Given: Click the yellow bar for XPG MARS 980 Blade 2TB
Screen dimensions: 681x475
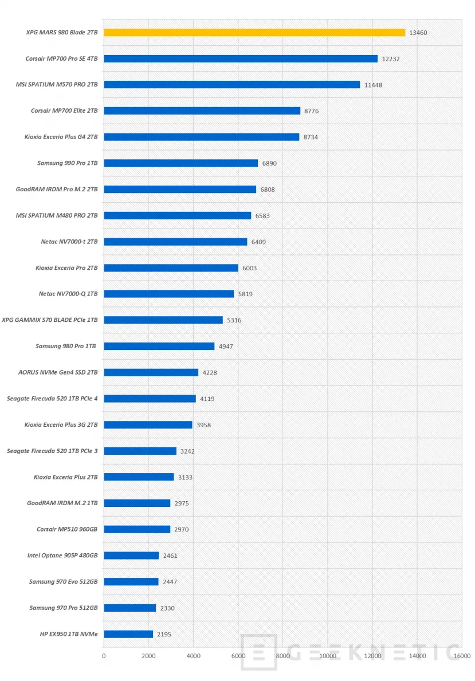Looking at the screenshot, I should click(254, 33).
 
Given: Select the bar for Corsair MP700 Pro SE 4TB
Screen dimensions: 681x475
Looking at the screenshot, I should click(241, 58).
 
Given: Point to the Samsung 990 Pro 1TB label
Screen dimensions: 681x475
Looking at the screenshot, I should click(68, 163).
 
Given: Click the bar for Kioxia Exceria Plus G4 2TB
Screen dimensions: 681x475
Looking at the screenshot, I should click(202, 137).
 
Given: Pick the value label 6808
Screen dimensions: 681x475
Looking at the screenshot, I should click(268, 190).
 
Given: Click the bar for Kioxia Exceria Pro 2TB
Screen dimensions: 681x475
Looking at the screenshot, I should click(171, 268).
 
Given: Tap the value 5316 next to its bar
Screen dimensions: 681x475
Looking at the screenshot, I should click(234, 320).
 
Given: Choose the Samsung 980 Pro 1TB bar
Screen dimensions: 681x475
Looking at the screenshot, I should click(159, 347).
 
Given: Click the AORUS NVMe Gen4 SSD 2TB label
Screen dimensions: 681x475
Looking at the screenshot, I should click(58, 372).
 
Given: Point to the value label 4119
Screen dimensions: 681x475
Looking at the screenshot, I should click(207, 399).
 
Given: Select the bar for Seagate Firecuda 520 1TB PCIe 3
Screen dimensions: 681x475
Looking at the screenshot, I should click(140, 451).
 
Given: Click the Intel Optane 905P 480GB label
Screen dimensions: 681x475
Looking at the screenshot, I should click(62, 556).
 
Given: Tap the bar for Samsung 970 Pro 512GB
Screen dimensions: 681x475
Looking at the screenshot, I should click(130, 608).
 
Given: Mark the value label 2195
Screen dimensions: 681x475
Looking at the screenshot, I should click(164, 634).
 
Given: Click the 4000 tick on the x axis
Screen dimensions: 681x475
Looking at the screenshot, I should click(193, 655).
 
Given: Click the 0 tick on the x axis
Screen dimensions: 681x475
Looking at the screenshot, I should click(104, 655).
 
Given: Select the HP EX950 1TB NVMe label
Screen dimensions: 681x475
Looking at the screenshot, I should click(66, 634).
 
